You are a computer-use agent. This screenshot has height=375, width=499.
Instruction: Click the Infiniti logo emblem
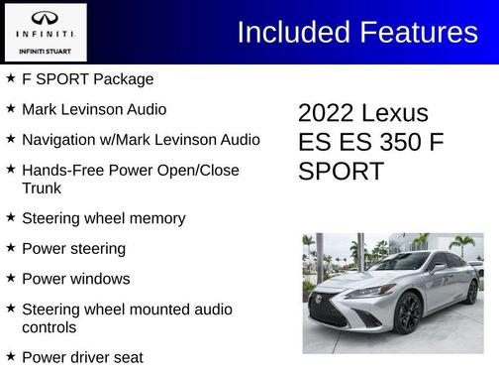tap(44, 18)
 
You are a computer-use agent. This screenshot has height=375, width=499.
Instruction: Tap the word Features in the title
tap(418, 32)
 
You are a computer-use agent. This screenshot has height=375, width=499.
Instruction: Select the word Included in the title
tap(292, 32)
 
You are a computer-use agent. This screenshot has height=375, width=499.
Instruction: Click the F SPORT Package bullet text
tap(87, 79)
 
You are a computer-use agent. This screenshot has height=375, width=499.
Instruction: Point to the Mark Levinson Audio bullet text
tap(93, 109)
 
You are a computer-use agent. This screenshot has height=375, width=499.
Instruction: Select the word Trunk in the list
tap(42, 187)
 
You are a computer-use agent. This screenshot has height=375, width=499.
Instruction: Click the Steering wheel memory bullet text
tap(103, 218)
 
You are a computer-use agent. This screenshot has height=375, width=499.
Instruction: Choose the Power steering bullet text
tap(73, 248)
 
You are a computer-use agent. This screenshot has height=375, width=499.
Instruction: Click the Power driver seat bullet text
tap(82, 357)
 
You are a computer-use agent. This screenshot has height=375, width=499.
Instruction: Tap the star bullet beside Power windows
tap(10, 277)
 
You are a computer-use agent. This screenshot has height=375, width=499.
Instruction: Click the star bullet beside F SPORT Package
tap(10, 77)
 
